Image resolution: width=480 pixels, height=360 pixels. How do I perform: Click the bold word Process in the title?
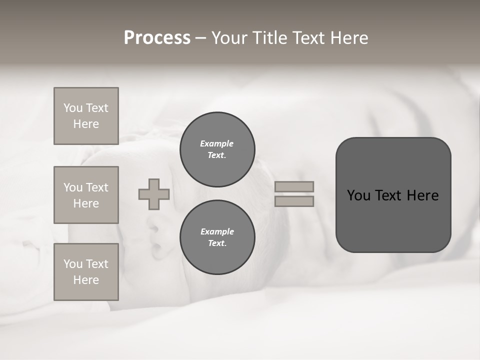(157, 38)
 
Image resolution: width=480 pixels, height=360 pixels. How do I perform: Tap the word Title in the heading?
(270, 38)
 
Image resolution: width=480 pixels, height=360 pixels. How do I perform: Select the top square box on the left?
(86, 116)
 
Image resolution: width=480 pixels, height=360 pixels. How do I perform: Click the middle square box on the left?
(86, 195)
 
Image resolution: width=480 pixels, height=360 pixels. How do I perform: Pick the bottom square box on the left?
(86, 272)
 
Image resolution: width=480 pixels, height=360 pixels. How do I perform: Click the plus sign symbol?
(154, 194)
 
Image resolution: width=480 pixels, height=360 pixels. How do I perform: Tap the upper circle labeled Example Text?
(217, 149)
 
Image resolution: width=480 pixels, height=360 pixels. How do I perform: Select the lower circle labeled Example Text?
(217, 237)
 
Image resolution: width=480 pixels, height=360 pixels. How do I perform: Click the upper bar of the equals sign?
(294, 186)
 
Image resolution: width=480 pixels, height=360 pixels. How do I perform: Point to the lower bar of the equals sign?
(294, 201)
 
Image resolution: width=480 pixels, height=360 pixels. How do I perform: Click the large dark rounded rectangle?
(393, 220)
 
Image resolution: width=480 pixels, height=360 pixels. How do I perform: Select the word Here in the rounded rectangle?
(422, 195)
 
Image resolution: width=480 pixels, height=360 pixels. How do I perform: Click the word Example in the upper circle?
(216, 143)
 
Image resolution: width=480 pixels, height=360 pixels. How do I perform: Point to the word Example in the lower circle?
(216, 231)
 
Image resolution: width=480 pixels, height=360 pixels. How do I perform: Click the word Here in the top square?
(86, 124)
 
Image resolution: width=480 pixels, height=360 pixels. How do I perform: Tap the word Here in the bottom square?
(86, 280)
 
